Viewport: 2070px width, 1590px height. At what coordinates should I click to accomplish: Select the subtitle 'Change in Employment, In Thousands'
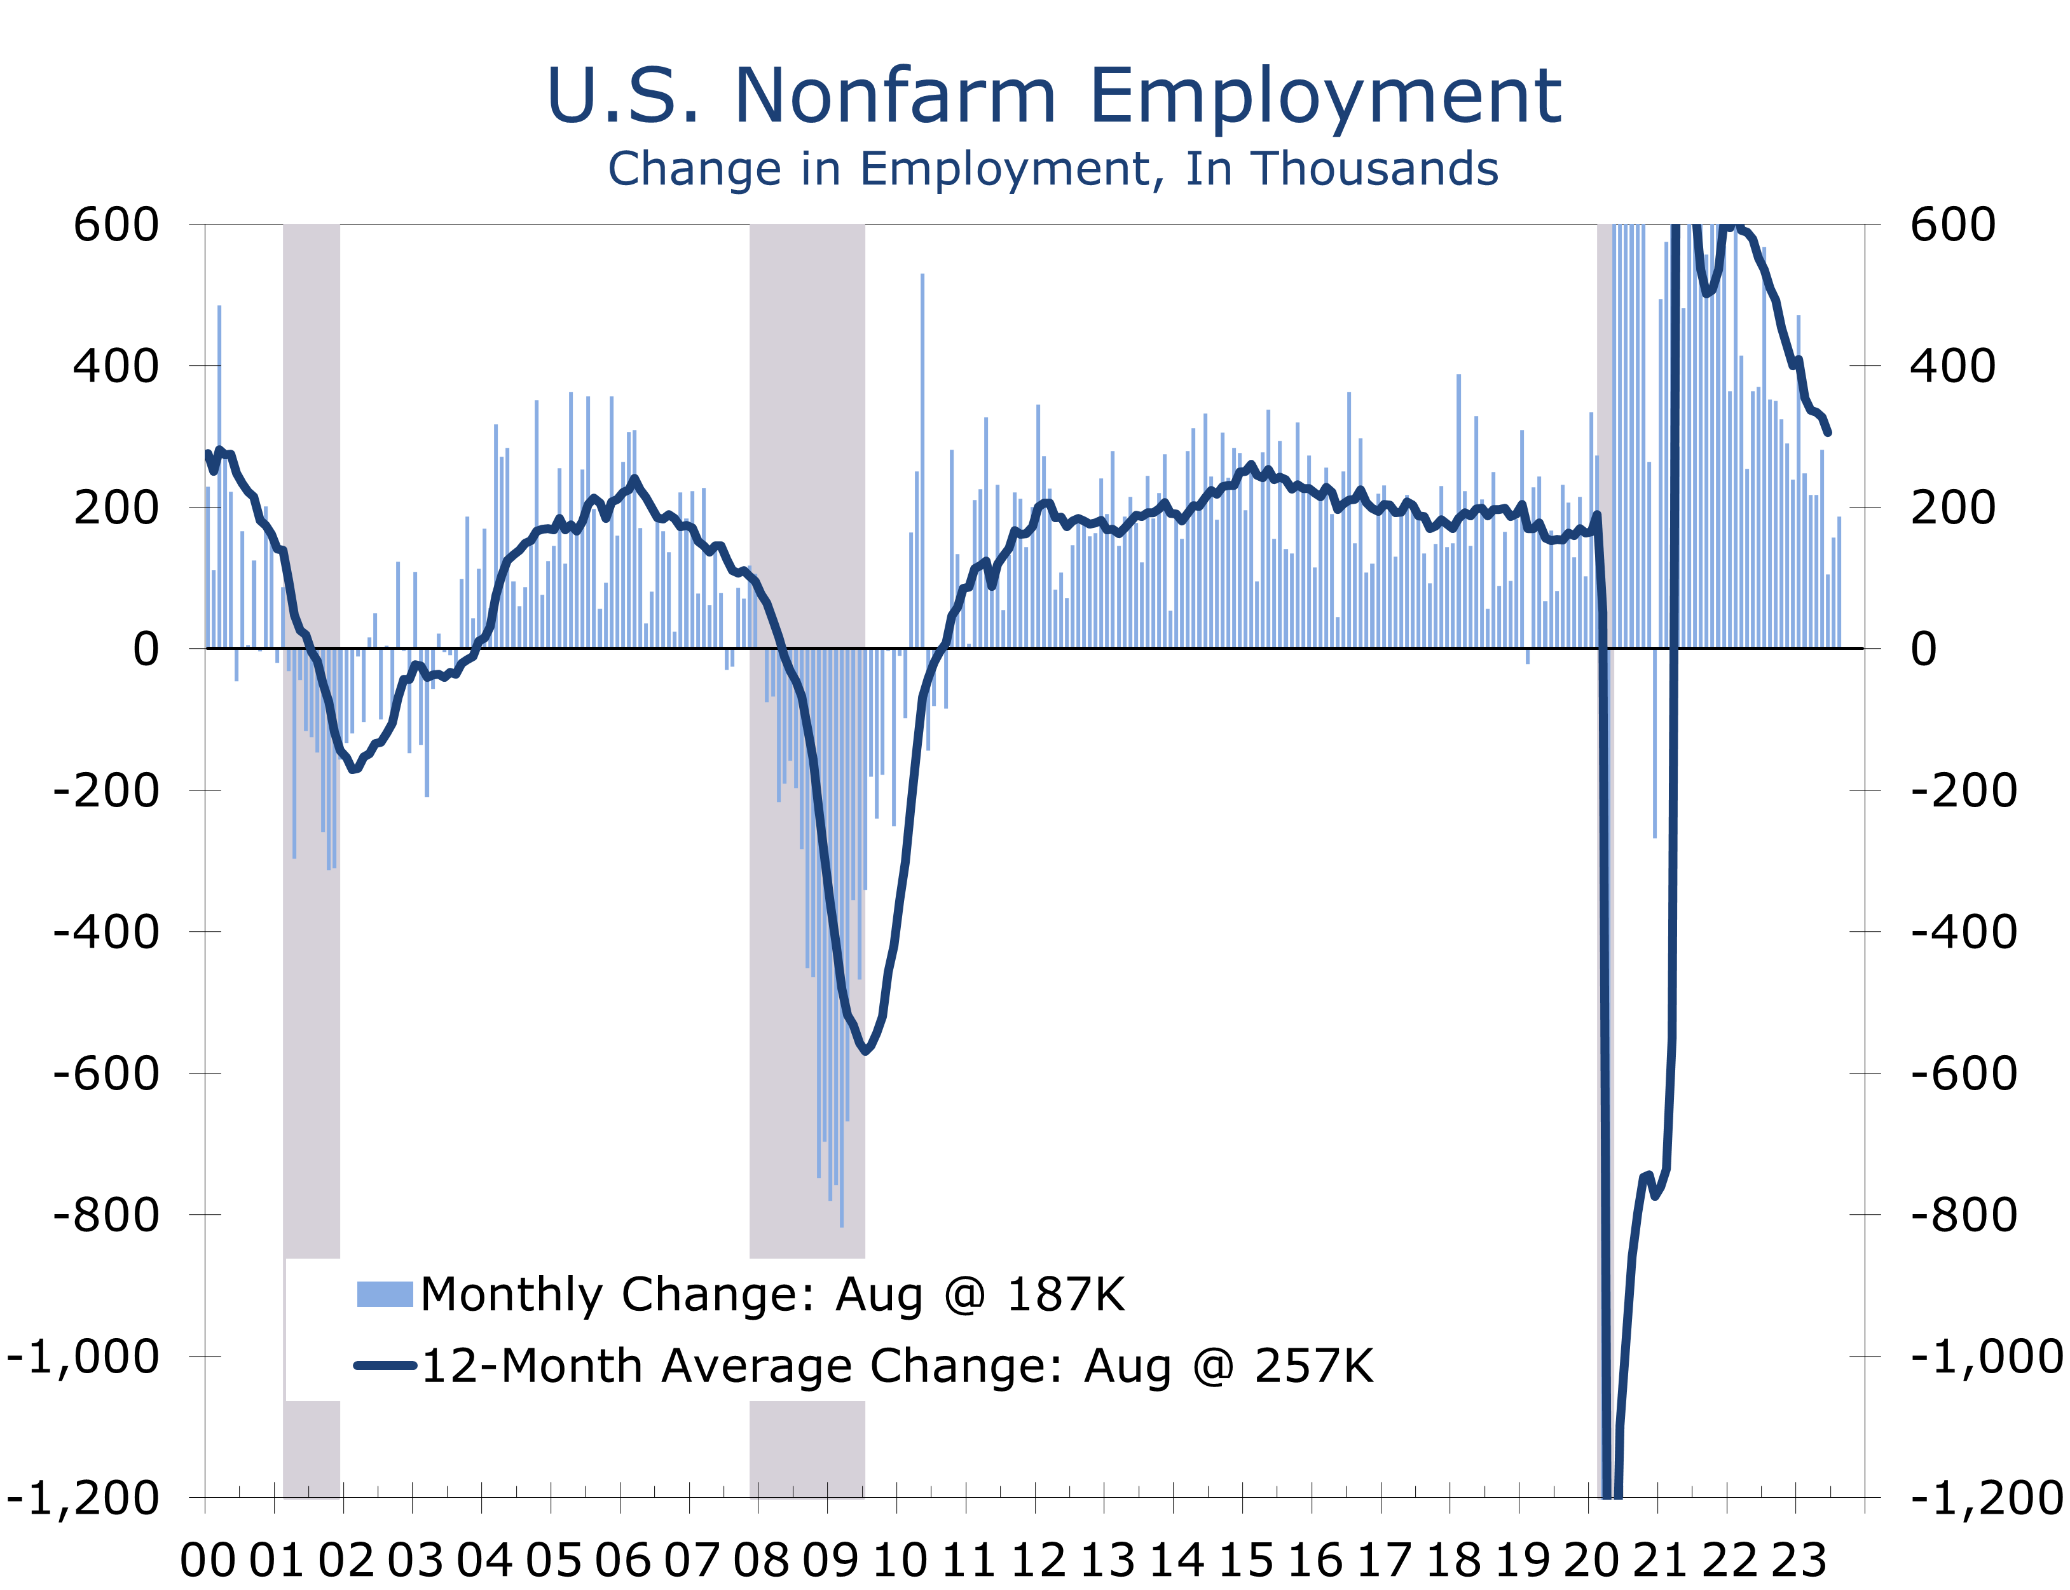[1053, 169]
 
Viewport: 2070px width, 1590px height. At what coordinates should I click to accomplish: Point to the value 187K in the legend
[1066, 1294]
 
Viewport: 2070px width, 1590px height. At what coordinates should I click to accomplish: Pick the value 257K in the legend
[1313, 1365]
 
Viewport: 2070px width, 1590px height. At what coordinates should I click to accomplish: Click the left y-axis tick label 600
[116, 225]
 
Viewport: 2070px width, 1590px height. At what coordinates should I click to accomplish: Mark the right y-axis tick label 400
[1952, 366]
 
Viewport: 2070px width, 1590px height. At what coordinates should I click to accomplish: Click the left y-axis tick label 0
[147, 649]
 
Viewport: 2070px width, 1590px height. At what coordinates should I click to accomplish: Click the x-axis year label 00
[208, 1559]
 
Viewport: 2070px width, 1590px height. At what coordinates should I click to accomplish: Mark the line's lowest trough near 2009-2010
[866, 1049]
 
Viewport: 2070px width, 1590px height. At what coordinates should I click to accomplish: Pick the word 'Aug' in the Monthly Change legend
[878, 1294]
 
